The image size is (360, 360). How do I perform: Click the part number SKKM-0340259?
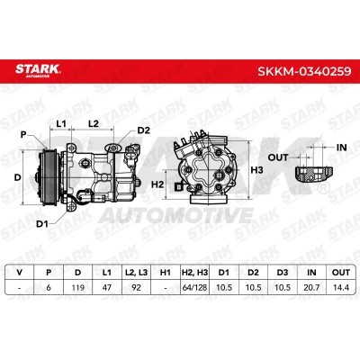tap(304, 71)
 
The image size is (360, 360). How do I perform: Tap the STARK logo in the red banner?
tap(38, 70)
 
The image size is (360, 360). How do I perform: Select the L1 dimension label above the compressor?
tap(61, 123)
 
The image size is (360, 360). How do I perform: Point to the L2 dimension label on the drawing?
tap(94, 123)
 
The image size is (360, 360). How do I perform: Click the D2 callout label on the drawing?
tap(143, 130)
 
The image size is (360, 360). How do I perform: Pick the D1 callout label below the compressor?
tap(42, 223)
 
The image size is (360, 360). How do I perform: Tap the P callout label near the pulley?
tap(23, 135)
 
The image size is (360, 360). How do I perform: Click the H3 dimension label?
tap(256, 170)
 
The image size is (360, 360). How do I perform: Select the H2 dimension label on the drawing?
tap(157, 184)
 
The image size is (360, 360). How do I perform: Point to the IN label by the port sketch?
tap(341, 148)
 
